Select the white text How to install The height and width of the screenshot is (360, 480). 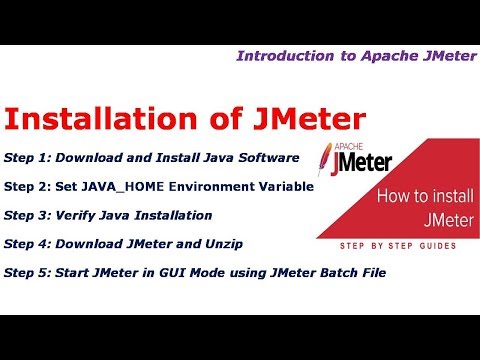(417, 198)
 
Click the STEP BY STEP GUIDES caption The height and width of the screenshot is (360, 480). (393, 245)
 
